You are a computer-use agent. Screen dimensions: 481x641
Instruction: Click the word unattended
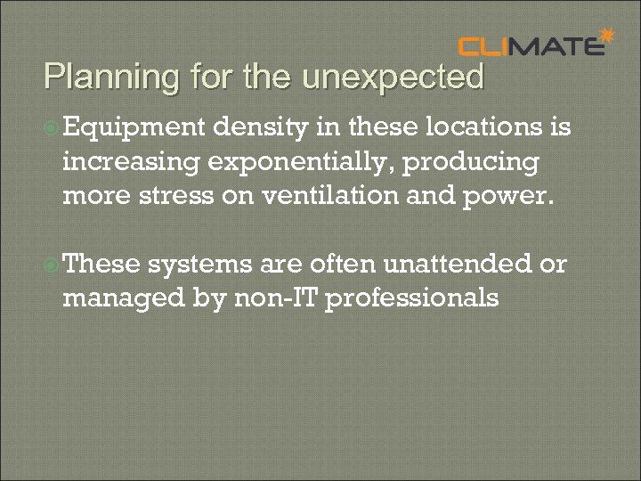[451, 264]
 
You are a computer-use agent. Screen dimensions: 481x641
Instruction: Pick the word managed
[125, 297]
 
